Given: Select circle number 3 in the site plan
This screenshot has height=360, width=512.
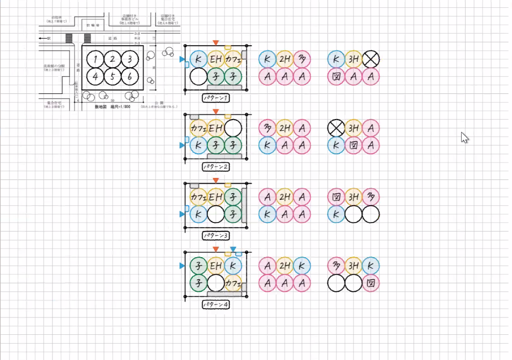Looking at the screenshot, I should click(x=129, y=59).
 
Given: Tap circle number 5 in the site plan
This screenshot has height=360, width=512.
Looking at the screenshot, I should click(x=112, y=77).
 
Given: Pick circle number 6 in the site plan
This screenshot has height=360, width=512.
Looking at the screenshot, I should click(x=129, y=77).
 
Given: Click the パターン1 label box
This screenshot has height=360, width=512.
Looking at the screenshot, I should click(x=215, y=98).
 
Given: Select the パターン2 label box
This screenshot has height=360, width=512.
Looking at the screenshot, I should click(x=215, y=167).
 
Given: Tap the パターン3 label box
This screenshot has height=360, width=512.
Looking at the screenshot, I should click(x=215, y=236).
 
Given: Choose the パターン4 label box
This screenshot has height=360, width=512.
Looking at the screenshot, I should click(x=215, y=304).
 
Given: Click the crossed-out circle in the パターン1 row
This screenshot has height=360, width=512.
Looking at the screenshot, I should click(x=371, y=59).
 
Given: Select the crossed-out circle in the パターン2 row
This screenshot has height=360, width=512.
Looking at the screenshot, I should click(x=336, y=128).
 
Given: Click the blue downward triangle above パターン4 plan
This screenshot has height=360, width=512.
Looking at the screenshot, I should click(x=233, y=249).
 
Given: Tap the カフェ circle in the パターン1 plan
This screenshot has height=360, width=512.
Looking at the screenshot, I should click(x=233, y=59).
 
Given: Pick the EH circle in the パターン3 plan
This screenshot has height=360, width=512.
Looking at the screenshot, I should click(x=216, y=197).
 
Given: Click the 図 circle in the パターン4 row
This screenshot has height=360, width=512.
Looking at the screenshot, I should click(x=371, y=283).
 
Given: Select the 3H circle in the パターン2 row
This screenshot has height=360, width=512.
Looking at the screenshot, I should click(x=353, y=128).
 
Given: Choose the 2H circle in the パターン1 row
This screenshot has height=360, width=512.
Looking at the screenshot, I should click(x=285, y=59).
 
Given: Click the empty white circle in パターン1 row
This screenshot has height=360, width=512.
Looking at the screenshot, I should click(x=198, y=77).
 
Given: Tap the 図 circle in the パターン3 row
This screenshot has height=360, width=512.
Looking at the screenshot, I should click(x=336, y=197).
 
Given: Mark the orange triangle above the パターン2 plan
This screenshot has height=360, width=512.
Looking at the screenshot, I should click(x=215, y=111).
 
